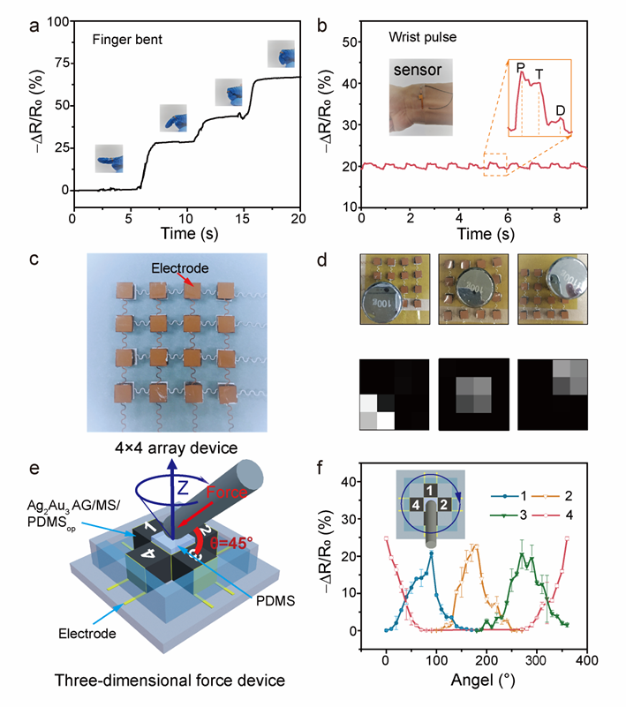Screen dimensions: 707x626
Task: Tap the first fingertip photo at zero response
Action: point(110,159)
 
